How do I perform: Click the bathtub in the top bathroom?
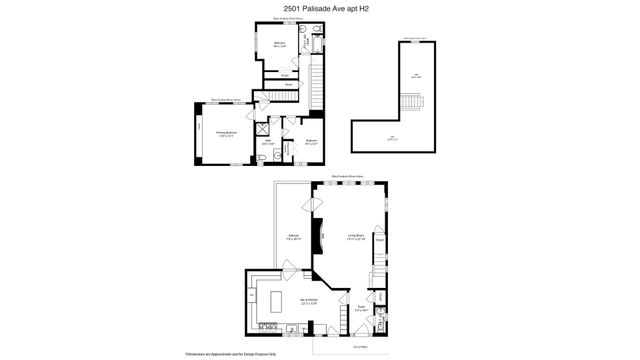click(x=317, y=40)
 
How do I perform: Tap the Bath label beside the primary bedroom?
click(x=267, y=144)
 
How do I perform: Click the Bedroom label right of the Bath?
click(x=310, y=141)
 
